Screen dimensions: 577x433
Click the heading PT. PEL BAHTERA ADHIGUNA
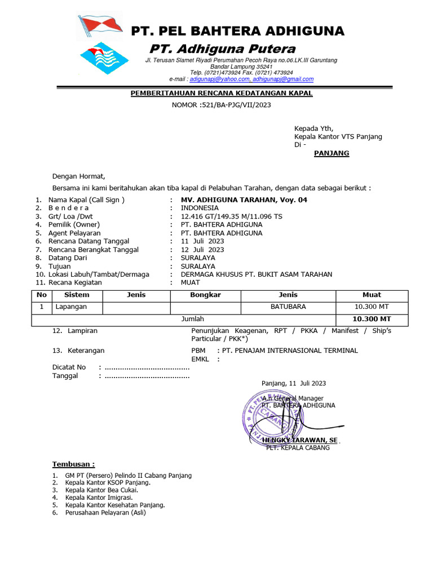[237, 31]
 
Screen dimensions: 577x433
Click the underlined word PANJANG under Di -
[331, 153]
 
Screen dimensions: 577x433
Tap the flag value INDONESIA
[200, 208]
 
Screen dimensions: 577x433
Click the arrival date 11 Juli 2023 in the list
[202, 241]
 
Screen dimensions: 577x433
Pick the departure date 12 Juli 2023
[202, 250]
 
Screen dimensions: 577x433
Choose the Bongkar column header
[205, 295]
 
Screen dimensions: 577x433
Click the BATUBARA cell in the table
[288, 307]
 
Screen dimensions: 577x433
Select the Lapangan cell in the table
[71, 307]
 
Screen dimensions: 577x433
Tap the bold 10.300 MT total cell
[372, 319]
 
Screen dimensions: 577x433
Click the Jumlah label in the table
[192, 319]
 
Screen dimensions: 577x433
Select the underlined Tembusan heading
[73, 464]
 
